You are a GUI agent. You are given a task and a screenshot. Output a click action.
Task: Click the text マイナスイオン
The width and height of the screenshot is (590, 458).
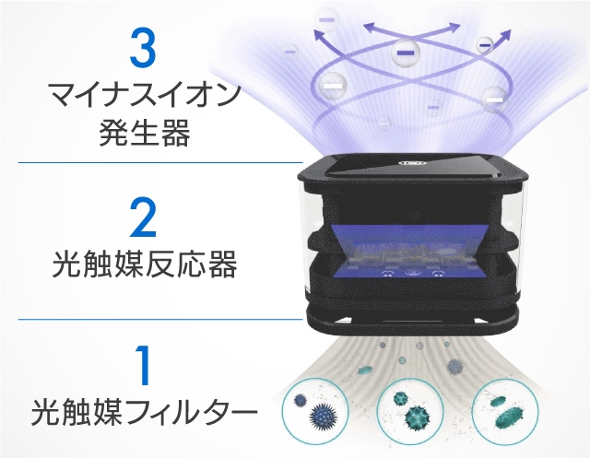tap(143, 96)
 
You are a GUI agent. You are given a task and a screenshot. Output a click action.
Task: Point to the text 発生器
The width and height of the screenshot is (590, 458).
tap(143, 134)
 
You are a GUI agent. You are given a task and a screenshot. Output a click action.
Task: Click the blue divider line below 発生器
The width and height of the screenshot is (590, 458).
tap(157, 162)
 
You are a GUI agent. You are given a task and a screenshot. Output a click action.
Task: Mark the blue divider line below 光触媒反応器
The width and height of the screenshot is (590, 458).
tap(157, 319)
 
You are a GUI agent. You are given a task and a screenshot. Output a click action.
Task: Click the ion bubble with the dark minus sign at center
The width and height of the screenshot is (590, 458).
tap(404, 53)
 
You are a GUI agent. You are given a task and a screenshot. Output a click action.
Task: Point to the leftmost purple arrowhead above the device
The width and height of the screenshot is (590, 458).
tap(319, 38)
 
